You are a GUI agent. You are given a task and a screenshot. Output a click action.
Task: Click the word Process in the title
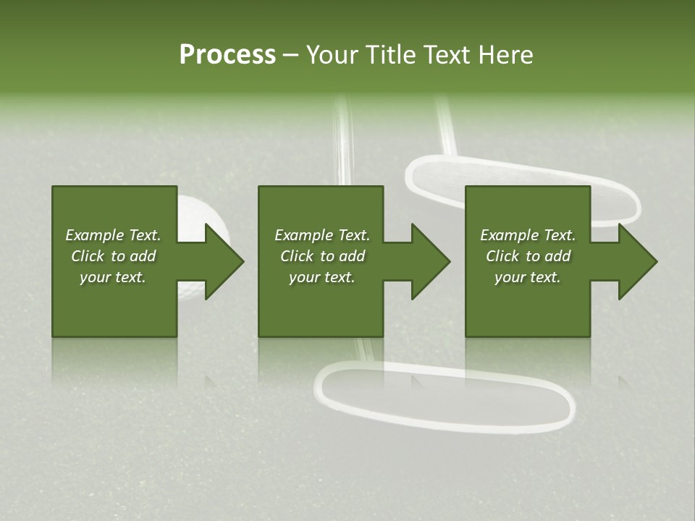(x=227, y=54)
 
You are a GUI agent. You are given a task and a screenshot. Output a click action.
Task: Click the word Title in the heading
(x=390, y=54)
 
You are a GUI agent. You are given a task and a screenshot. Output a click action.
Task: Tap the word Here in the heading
(x=505, y=54)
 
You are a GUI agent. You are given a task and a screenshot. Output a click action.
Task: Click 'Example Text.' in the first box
(x=113, y=235)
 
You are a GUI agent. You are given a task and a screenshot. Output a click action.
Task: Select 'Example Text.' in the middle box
(x=321, y=235)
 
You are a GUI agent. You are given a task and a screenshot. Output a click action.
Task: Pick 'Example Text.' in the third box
(x=528, y=235)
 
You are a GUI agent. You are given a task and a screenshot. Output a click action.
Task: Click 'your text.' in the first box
(x=113, y=277)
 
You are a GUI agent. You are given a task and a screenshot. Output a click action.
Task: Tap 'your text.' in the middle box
(x=321, y=277)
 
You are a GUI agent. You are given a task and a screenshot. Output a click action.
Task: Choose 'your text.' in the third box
(x=528, y=277)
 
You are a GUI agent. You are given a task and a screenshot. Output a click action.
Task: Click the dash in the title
(x=290, y=55)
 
